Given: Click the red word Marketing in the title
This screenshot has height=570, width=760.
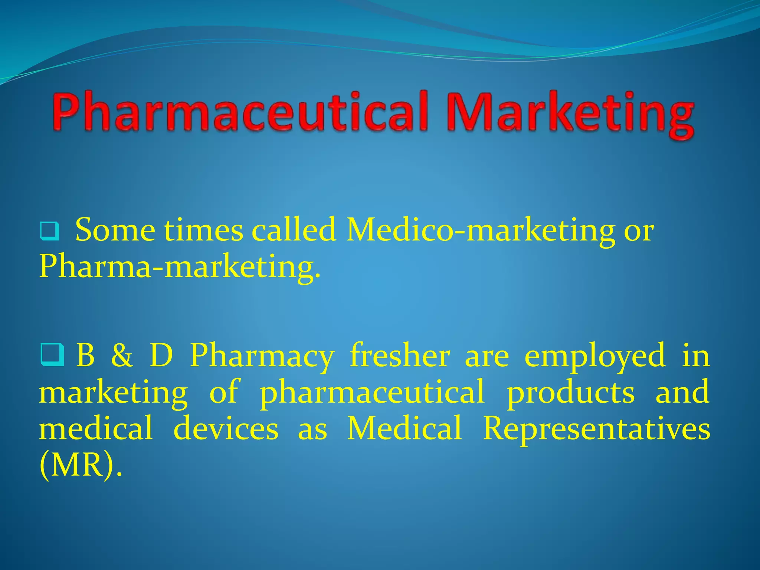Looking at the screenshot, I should [x=570, y=113].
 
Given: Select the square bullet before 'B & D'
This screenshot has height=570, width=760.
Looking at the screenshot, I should [x=52, y=355].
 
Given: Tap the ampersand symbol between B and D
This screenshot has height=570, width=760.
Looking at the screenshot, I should [x=122, y=356].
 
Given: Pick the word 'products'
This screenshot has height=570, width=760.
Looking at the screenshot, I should [x=571, y=393].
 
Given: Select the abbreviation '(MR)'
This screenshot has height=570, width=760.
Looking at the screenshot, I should [x=79, y=465].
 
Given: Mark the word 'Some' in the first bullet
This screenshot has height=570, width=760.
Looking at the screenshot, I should [x=115, y=230].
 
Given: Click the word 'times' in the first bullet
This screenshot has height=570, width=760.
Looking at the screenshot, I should [x=204, y=230].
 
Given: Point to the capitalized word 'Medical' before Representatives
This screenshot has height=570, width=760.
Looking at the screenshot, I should [x=404, y=428].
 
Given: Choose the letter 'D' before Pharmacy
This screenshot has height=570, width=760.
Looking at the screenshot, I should [x=161, y=355].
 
